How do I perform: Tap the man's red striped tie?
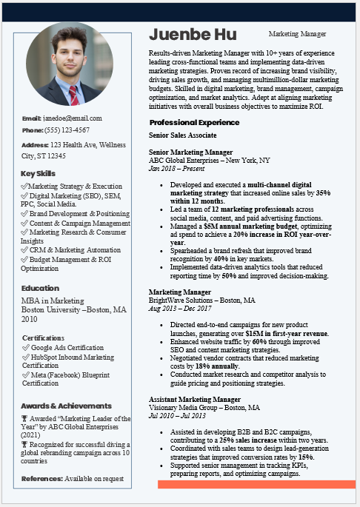tap(73, 95)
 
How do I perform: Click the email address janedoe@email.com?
tap(73, 118)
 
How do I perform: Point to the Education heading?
tap(41, 288)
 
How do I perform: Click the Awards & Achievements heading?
tap(67, 406)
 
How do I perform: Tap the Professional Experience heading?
tap(195, 122)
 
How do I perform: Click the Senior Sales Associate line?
tap(183, 135)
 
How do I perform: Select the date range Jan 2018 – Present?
tap(176, 169)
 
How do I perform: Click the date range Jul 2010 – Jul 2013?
tap(176, 416)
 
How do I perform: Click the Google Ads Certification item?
tap(67, 347)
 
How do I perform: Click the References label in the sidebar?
tap(42, 479)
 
